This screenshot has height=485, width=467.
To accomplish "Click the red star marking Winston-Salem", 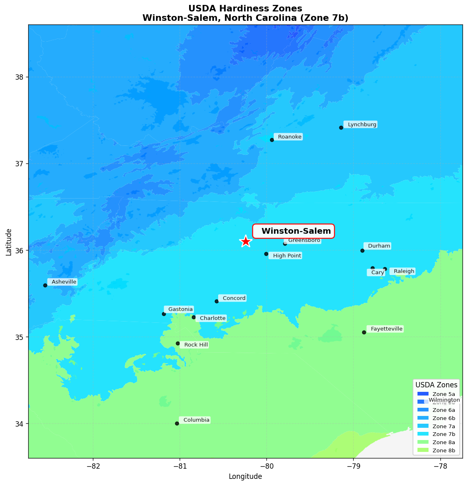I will (245, 241).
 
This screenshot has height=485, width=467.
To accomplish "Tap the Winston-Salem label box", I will (293, 231).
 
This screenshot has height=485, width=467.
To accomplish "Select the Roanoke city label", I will (289, 137).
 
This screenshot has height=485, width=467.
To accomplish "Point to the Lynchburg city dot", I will (341, 127).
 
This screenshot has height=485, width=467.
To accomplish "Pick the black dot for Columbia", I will (177, 423).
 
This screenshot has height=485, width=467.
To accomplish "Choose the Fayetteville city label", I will (386, 329).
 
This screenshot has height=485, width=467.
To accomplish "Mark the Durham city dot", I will (362, 250).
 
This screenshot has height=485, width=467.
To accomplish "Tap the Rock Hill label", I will (195, 345).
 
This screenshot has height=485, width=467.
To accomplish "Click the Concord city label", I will (233, 298).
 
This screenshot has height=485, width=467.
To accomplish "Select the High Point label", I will (286, 256).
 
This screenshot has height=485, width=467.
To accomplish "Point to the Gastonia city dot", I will (164, 314).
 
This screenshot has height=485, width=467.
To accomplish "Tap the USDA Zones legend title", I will (436, 385).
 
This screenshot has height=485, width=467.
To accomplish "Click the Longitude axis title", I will (245, 476).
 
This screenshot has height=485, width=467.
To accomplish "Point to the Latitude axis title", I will (9, 242).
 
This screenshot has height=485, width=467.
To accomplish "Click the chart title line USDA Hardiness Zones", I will (245, 9).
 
